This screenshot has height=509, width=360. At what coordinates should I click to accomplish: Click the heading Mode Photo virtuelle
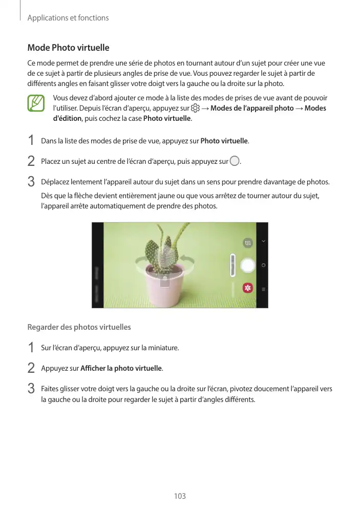(x=68, y=48)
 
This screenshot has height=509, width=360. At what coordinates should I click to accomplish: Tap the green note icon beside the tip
(x=37, y=104)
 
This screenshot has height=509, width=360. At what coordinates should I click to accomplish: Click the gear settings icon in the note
(x=195, y=109)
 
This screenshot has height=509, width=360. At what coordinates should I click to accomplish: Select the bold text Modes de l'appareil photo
(x=252, y=109)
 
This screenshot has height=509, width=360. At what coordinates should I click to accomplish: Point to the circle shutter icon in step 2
(x=235, y=161)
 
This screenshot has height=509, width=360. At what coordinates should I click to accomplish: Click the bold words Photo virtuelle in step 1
(x=224, y=140)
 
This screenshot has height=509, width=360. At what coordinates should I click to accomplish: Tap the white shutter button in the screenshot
(x=248, y=265)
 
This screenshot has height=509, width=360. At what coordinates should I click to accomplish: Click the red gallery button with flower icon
(x=248, y=288)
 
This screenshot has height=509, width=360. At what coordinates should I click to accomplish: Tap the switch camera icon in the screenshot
(x=248, y=242)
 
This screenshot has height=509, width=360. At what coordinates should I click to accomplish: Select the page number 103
(x=180, y=496)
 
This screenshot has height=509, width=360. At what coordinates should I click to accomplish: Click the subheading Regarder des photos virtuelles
(x=79, y=327)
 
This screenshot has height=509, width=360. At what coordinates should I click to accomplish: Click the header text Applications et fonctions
(x=68, y=18)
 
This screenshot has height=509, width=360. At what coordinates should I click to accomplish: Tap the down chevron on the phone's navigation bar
(x=263, y=241)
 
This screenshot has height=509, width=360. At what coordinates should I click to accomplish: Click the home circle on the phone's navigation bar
(x=263, y=265)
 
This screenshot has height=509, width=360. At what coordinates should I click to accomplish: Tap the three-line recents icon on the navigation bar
(x=263, y=289)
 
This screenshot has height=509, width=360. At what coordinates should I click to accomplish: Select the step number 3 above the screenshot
(x=31, y=182)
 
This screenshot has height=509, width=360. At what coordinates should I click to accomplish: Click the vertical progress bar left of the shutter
(x=232, y=265)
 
